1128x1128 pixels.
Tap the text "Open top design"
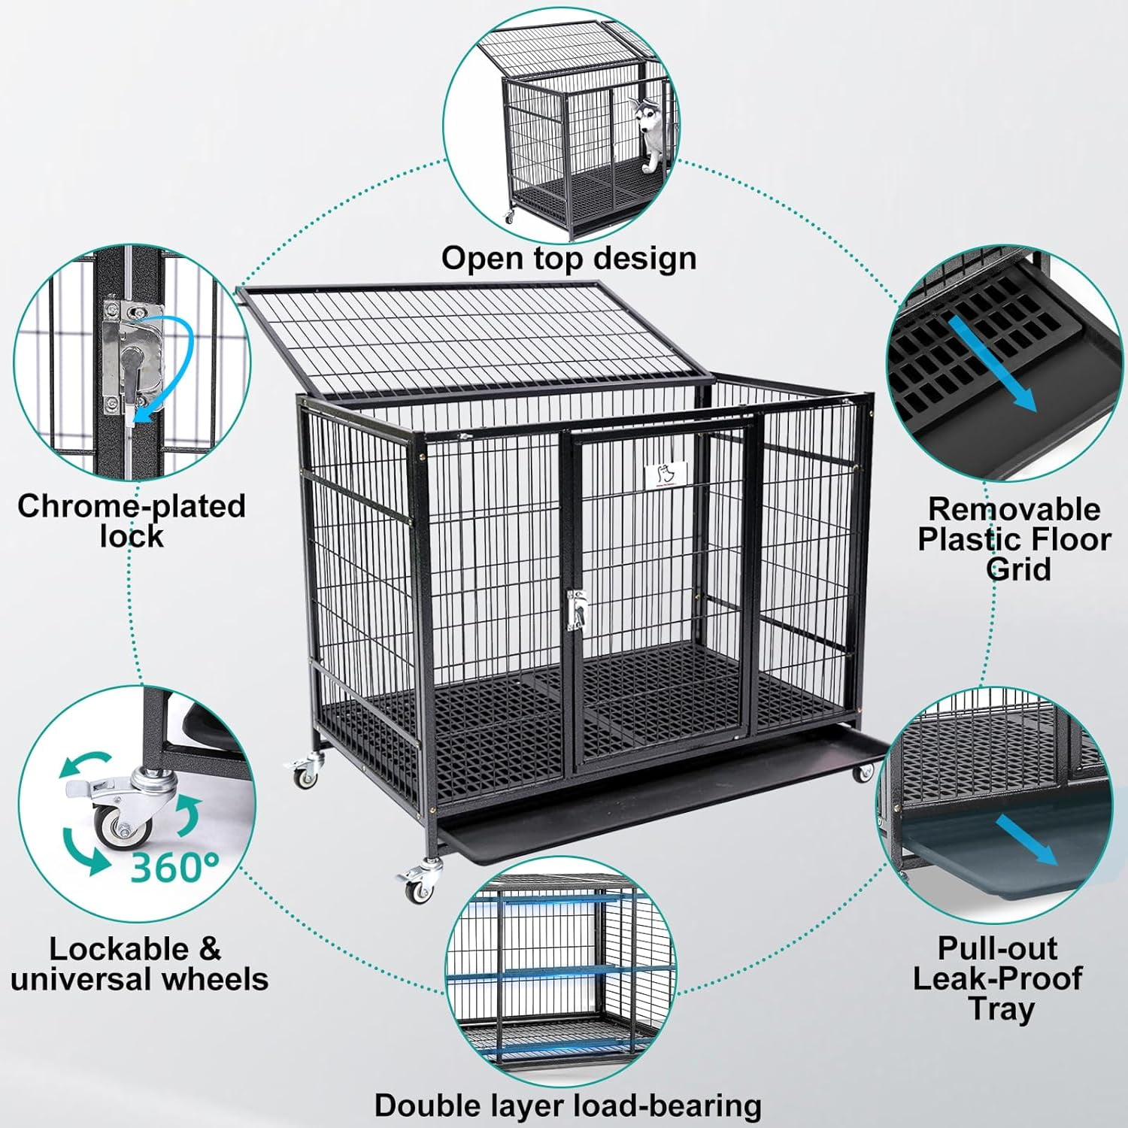coord(569,258)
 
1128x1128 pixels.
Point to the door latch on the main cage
coord(577,609)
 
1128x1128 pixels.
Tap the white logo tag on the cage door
coord(665,473)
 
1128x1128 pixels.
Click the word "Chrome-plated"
coord(132,506)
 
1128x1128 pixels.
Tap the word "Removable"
coord(1014,509)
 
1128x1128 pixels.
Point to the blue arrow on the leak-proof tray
coord(1026,841)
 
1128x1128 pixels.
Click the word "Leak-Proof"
coord(997,978)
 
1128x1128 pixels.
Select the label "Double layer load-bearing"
coord(568,1105)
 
